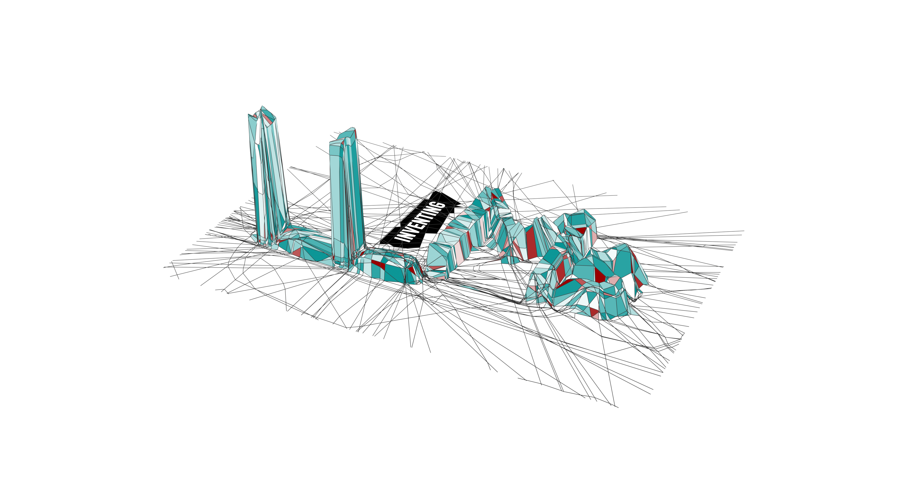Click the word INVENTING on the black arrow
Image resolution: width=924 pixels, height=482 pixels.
coord(420,222)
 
